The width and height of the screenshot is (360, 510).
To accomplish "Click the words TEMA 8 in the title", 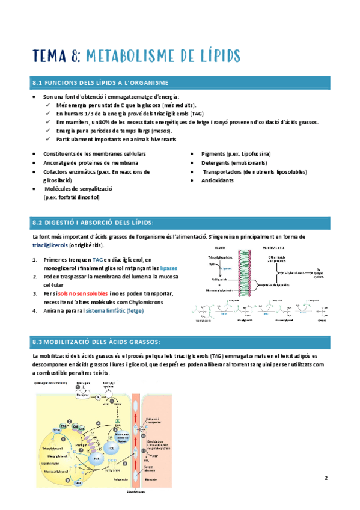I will [x=58, y=56].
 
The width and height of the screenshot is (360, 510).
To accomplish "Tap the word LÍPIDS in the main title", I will [x=212, y=56].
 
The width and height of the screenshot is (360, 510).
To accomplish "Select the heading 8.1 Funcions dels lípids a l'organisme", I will [x=100, y=82].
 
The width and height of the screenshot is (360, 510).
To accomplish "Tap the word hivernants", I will [x=157, y=139].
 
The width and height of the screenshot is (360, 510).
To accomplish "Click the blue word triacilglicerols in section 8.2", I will [x=50, y=246].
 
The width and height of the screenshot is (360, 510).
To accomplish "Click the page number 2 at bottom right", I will [x=325, y=479].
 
